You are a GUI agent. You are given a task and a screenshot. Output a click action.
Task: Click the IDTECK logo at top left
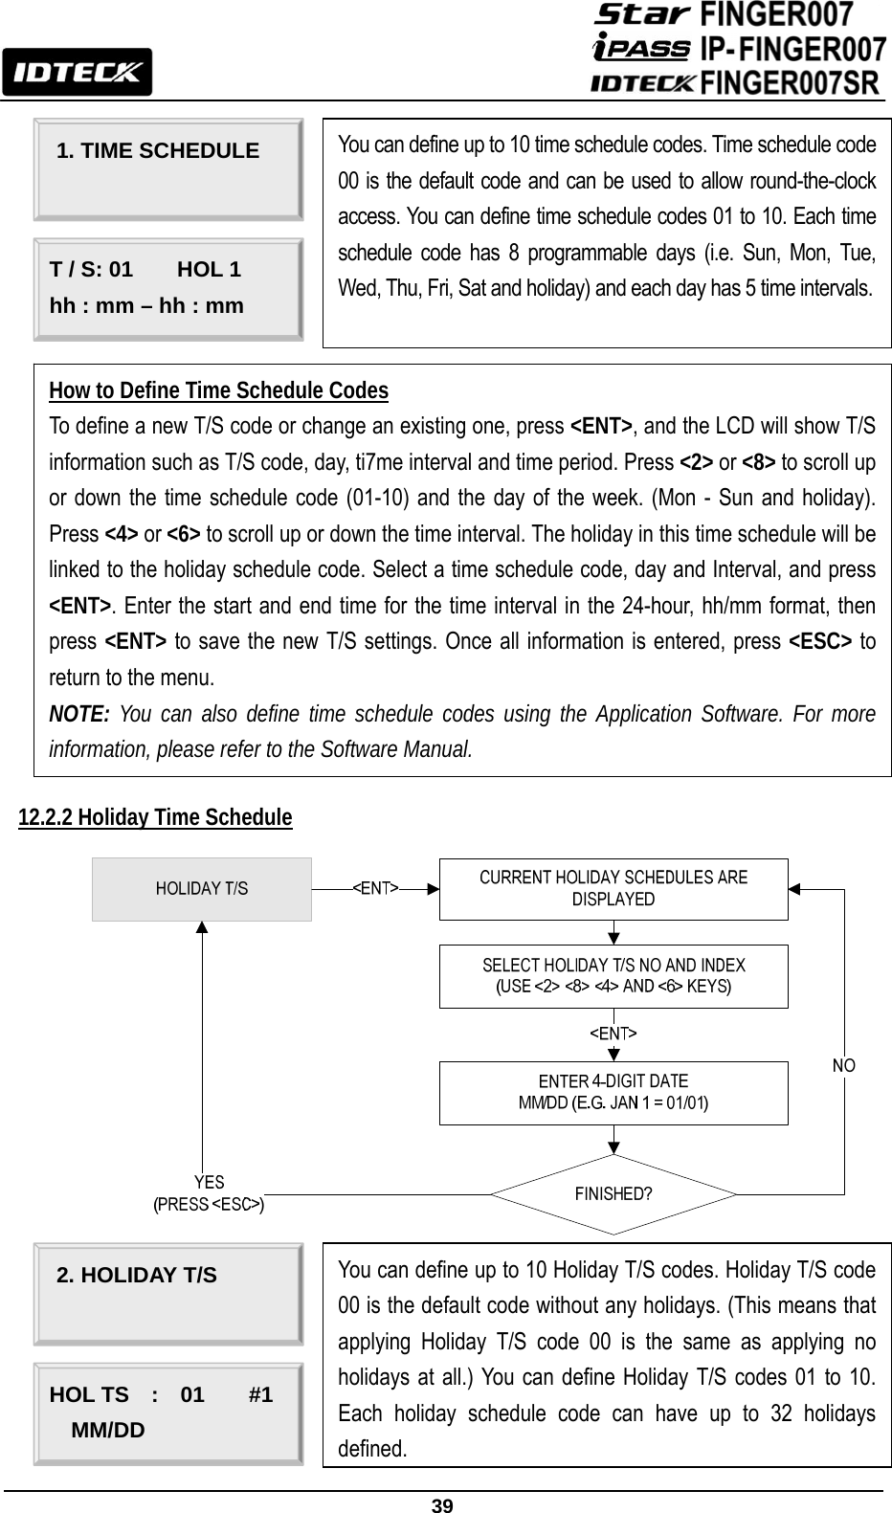[77, 72]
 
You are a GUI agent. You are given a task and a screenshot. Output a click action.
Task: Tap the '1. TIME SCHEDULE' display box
[168, 168]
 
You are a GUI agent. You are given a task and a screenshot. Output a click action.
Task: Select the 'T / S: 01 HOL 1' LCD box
[168, 289]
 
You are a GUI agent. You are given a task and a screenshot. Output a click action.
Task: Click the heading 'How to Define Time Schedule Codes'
[218, 390]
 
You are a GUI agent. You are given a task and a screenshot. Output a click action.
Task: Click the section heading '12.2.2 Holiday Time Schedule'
[155, 817]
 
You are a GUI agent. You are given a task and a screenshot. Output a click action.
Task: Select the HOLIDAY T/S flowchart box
[202, 889]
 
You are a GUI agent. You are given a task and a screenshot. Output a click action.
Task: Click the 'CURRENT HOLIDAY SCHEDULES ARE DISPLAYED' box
[613, 889]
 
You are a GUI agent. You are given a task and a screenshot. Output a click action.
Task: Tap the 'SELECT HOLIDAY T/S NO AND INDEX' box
[613, 976]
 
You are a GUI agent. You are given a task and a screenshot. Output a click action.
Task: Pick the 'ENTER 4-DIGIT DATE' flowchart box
[613, 1092]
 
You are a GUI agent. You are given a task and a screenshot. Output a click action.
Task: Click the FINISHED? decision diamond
[613, 1194]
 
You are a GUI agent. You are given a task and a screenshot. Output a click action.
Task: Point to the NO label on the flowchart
[843, 1066]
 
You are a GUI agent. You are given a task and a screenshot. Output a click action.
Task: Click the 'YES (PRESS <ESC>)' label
[210, 1194]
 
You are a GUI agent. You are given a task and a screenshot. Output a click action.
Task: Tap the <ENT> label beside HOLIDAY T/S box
[376, 888]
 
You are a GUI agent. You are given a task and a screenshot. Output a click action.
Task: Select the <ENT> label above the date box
[613, 1034]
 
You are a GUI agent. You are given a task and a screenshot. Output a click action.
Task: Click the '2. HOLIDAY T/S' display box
[168, 1293]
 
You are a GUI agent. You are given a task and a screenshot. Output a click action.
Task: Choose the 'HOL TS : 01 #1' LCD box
[168, 1413]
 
